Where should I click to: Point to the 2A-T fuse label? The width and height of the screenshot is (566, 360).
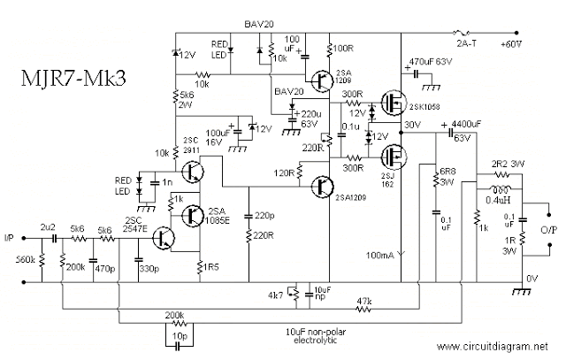pyautogui.click(x=468, y=42)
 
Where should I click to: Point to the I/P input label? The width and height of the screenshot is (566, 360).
pyautogui.click(x=9, y=237)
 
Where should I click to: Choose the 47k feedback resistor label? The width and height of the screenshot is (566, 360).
pyautogui.click(x=362, y=301)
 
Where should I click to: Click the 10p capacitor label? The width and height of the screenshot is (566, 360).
pyautogui.click(x=180, y=337)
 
